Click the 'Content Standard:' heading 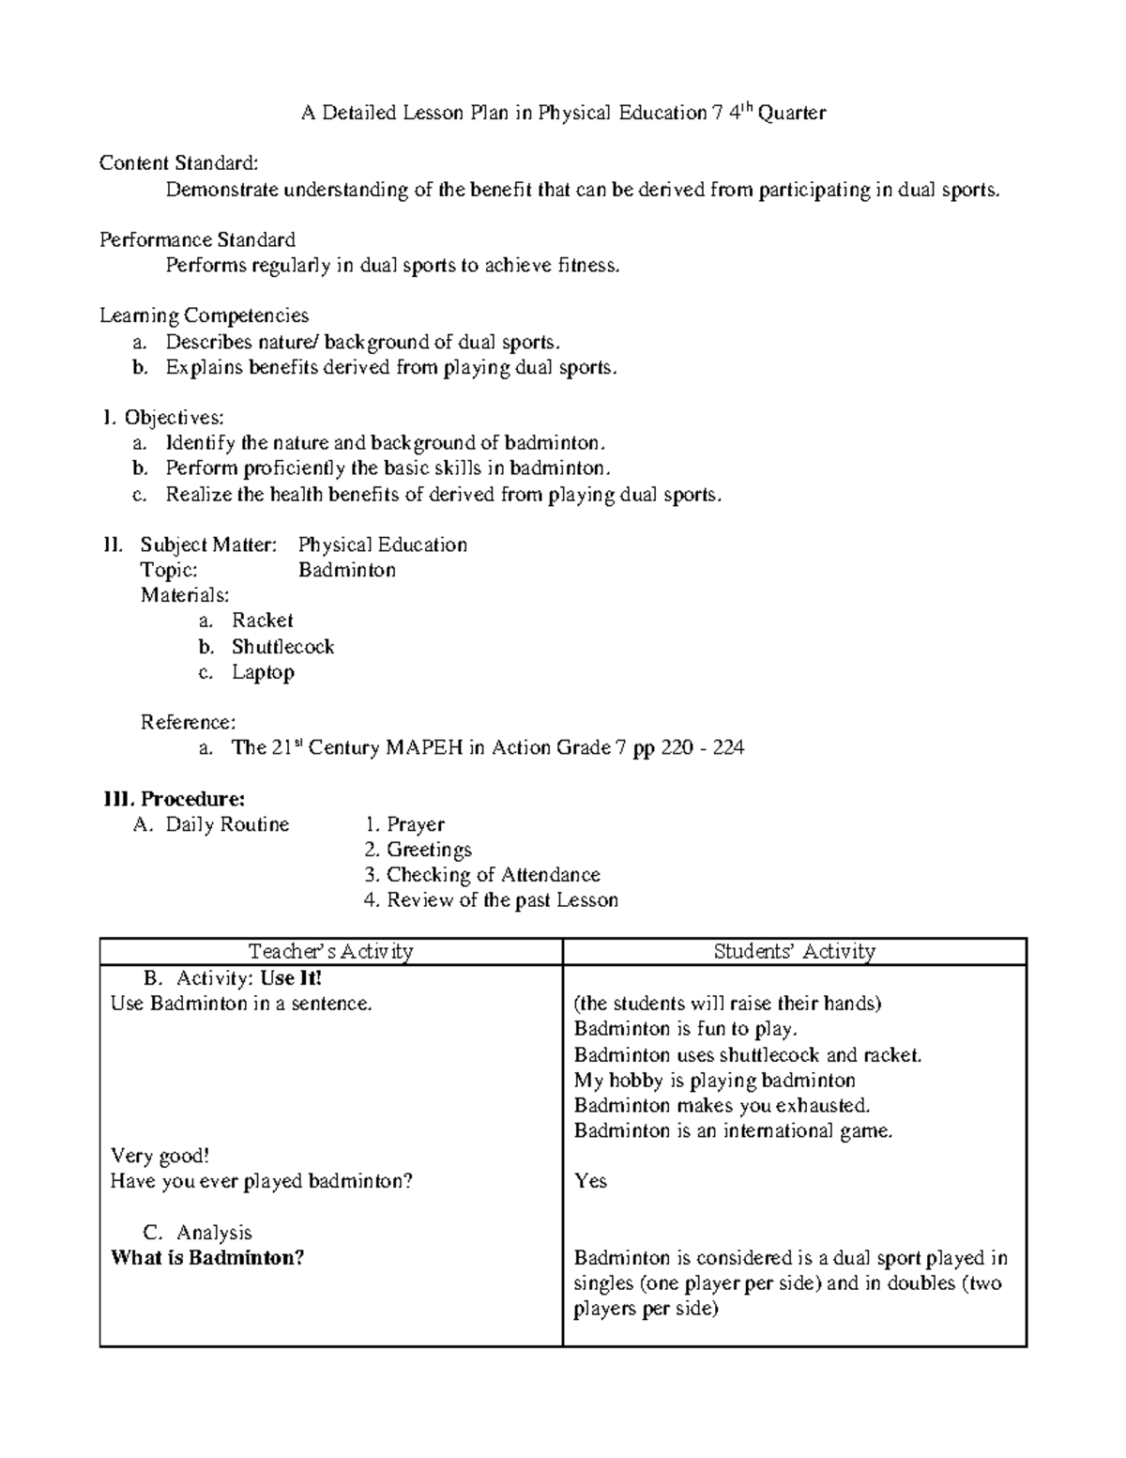point(177,164)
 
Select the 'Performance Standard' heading point(197,240)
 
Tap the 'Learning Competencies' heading point(204,316)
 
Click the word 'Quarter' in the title point(792,114)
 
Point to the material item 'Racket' point(263,621)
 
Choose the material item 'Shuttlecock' point(282,647)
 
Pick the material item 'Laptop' point(263,672)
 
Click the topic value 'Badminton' point(346,571)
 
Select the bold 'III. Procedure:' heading point(174,799)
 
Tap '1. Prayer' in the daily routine point(404,825)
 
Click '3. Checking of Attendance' point(481,875)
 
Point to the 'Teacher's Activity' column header point(330,952)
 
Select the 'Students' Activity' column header point(794,952)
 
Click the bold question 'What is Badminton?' point(207,1258)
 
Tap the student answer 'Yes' point(590,1181)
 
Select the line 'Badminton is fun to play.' point(685,1029)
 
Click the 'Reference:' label point(188,723)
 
